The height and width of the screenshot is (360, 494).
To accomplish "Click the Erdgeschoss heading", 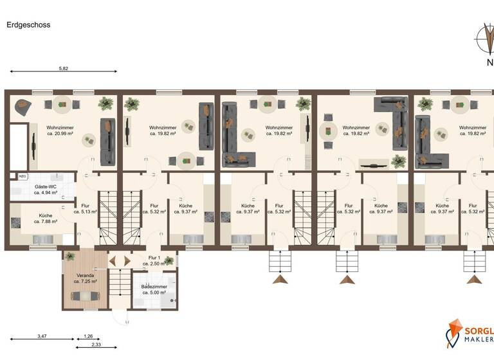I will click(28, 25).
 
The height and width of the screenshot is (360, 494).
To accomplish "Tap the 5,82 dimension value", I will click(63, 67).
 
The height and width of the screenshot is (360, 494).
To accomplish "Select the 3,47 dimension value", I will click(42, 336).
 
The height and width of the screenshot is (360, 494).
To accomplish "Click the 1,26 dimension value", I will click(89, 336).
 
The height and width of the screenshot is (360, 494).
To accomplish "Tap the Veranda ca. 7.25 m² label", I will click(84, 279).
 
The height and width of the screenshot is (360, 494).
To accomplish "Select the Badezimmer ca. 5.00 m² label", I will click(154, 289).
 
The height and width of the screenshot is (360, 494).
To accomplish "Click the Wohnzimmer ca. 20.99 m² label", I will click(60, 130).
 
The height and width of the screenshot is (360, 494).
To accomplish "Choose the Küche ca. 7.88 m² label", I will click(45, 219).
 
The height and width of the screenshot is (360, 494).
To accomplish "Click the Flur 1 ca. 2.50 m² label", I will click(154, 261).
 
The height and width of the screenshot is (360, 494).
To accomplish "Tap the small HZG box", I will click(23, 176).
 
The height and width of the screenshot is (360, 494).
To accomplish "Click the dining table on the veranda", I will click(84, 296).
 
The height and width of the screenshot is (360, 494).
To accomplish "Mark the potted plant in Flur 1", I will click(169, 260).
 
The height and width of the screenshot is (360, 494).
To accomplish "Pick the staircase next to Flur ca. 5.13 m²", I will click(107, 219).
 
